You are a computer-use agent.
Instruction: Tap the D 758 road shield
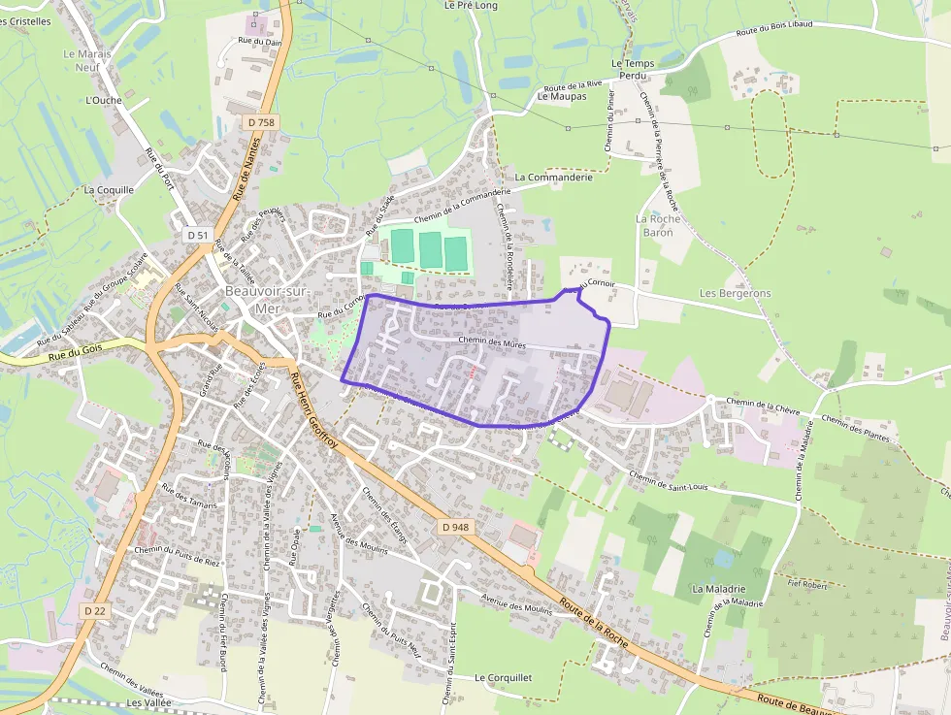pyautogui.click(x=261, y=122)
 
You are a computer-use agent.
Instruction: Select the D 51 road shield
pyautogui.click(x=198, y=236)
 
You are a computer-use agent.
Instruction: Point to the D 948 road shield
pyautogui.click(x=454, y=527)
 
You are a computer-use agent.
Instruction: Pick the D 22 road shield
pyautogui.click(x=94, y=610)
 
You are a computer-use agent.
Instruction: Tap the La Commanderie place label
pyautogui.click(x=553, y=178)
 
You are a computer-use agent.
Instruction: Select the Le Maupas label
pyautogui.click(x=562, y=97)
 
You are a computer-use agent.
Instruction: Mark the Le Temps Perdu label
pyautogui.click(x=633, y=69)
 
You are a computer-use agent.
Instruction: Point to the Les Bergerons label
pyautogui.click(x=736, y=293)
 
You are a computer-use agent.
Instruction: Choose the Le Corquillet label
pyautogui.click(x=503, y=677)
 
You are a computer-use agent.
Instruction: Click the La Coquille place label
pyautogui.click(x=109, y=190)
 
